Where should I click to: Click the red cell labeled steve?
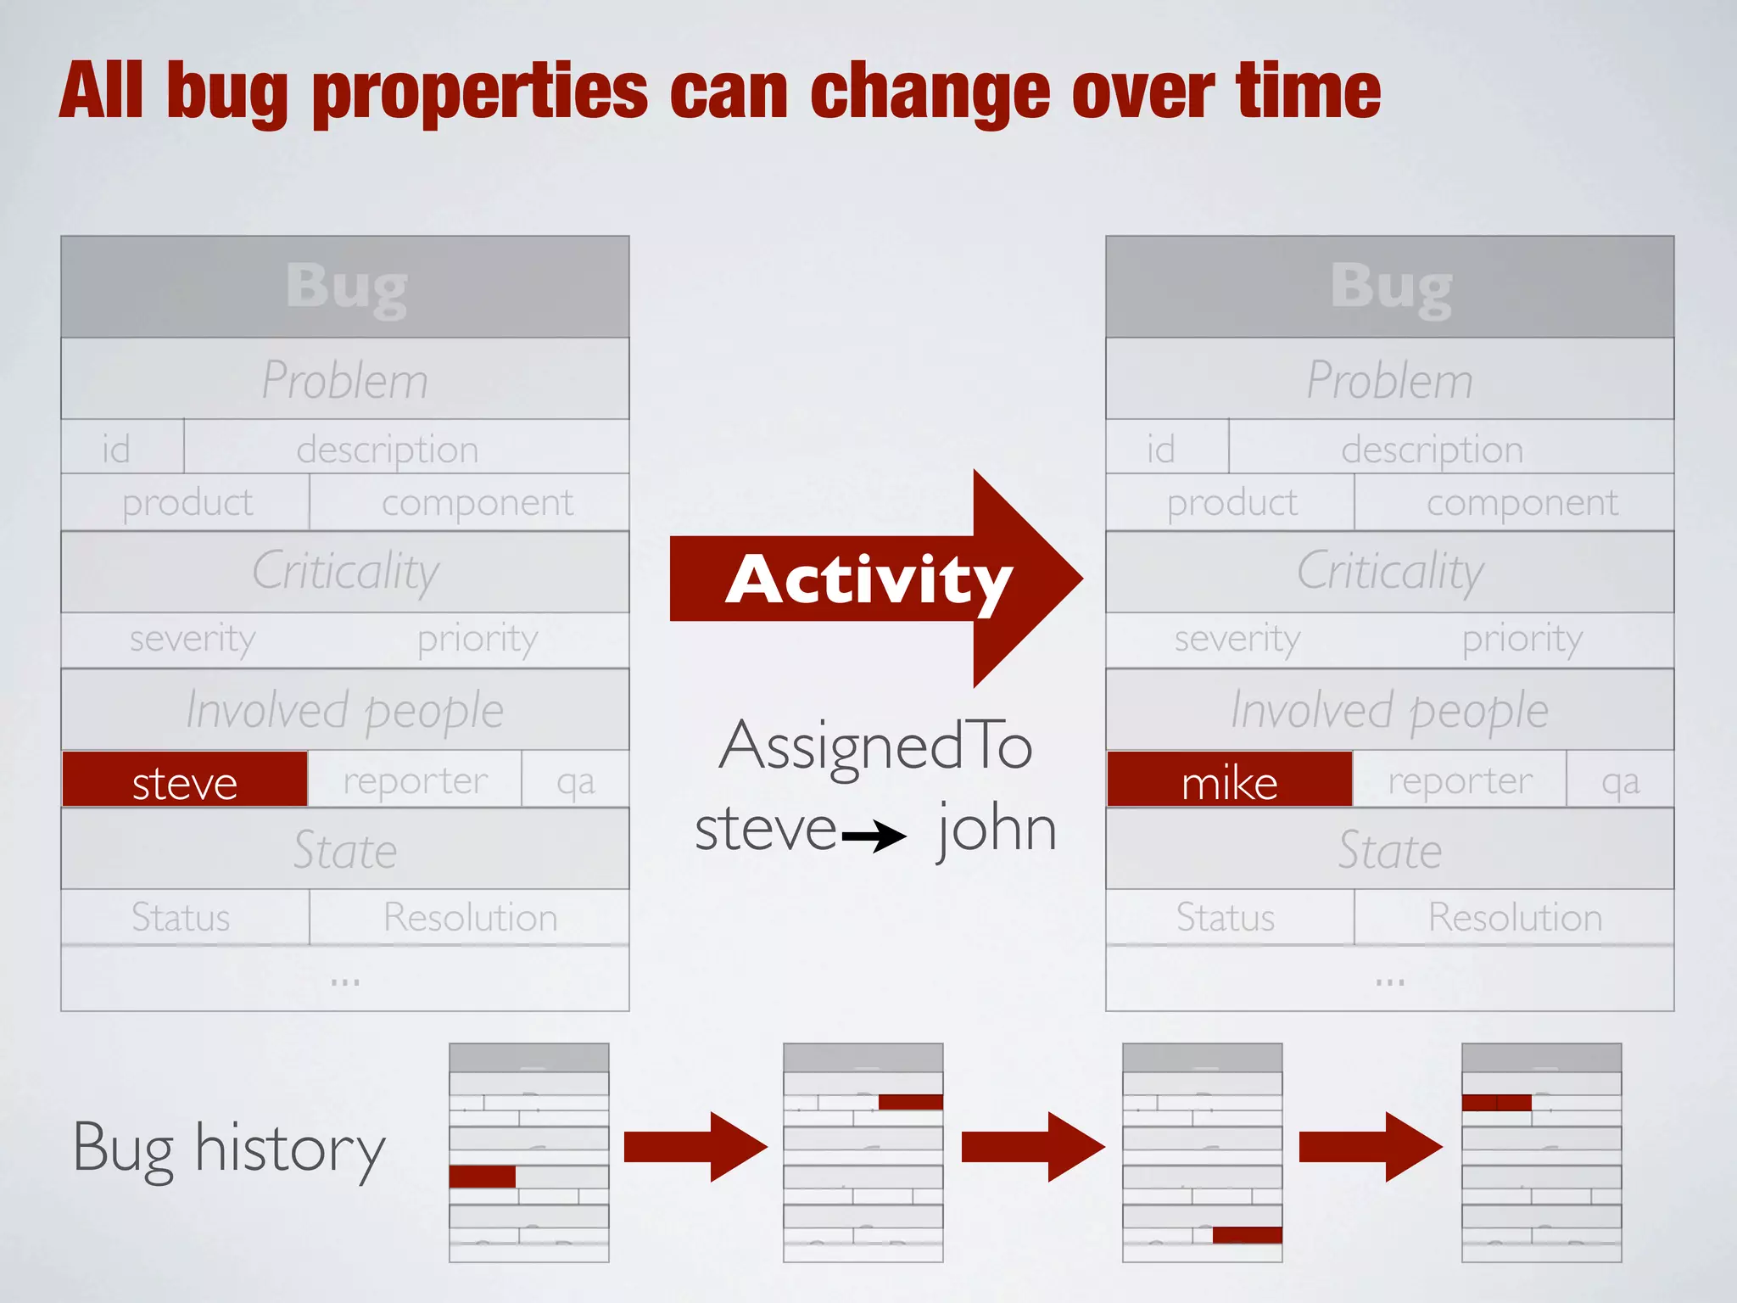[185, 780]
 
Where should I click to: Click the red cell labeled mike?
[1229, 780]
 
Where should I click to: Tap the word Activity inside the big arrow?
[868, 580]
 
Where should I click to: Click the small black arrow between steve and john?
[874, 837]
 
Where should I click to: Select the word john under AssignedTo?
[997, 829]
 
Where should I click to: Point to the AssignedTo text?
[875, 747]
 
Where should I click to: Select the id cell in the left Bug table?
[117, 448]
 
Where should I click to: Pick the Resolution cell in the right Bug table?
[1515, 918]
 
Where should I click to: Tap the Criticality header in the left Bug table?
[345, 572]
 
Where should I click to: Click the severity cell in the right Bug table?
[1237, 639]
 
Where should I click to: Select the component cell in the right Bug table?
[1522, 503]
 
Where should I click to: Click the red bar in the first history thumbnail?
[482, 1177]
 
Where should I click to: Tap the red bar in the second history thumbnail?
[910, 1102]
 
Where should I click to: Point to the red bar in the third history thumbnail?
[1247, 1235]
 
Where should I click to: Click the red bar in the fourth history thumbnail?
[1497, 1103]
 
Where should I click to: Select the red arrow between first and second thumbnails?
[695, 1147]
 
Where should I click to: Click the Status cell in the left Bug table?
[181, 918]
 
